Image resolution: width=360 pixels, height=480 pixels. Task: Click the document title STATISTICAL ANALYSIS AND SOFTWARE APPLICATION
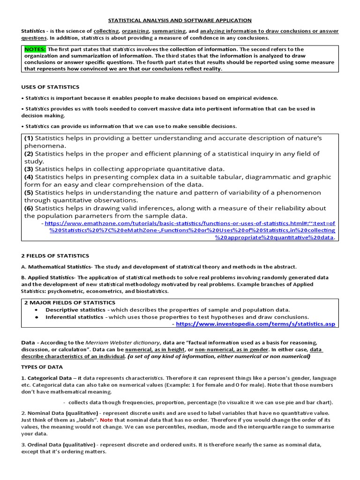(180, 21)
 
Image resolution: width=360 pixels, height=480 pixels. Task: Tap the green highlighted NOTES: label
(35, 49)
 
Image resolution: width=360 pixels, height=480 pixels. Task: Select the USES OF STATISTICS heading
(50, 87)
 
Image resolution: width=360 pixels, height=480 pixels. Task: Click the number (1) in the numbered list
(29, 138)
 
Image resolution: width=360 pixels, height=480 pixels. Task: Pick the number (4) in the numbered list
(29, 177)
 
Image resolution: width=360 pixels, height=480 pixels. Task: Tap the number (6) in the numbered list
(29, 208)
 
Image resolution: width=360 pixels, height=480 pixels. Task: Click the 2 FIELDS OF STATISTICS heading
(55, 256)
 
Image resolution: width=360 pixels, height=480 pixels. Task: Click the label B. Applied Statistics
(48, 277)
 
